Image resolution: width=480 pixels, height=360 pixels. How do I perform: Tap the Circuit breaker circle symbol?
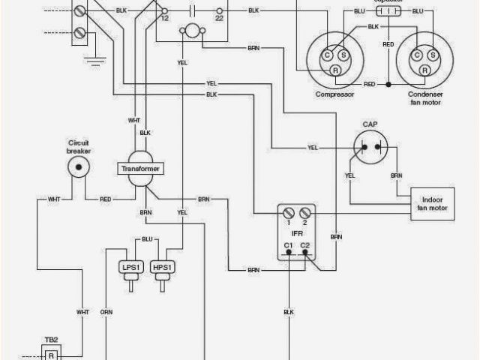(x=79, y=168)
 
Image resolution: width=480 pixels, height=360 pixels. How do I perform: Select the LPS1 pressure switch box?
(x=128, y=267)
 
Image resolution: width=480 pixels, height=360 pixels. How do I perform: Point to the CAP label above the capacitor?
(x=370, y=124)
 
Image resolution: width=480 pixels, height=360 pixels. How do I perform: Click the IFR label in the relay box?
(x=295, y=234)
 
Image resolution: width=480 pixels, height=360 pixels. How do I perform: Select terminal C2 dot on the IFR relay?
(x=304, y=254)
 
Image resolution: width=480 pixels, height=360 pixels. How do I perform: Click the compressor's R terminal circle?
(x=336, y=70)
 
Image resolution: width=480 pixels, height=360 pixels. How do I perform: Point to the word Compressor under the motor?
(x=334, y=94)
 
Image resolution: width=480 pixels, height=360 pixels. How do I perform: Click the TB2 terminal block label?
(x=50, y=338)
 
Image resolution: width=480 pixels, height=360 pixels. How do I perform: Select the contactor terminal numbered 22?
(x=219, y=13)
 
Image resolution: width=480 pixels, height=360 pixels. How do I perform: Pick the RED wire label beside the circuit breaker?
(x=106, y=199)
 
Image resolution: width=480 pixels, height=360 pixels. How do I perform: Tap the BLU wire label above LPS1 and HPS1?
(x=147, y=239)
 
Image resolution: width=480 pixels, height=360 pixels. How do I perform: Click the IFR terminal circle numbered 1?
(x=288, y=214)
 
